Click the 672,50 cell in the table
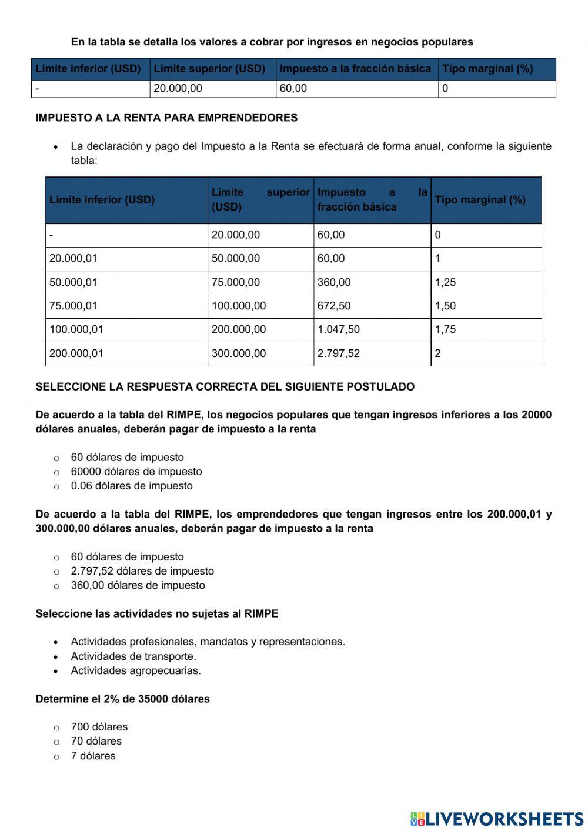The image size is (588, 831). (333, 306)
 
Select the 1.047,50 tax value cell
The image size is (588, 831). (338, 329)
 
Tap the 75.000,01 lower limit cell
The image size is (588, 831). (73, 306)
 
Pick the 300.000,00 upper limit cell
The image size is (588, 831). (239, 353)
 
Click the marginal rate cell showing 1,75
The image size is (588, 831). (445, 329)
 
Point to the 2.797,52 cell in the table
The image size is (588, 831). (338, 353)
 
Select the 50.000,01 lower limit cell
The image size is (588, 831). (73, 282)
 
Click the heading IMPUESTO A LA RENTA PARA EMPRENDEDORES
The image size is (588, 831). (166, 118)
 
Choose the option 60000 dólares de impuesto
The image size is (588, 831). (136, 472)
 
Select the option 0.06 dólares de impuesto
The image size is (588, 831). (131, 486)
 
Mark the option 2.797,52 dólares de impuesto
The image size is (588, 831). (142, 571)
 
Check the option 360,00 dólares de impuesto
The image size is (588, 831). (138, 585)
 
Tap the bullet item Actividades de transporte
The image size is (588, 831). (133, 656)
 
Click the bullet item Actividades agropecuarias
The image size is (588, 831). (136, 670)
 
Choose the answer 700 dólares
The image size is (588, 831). (99, 727)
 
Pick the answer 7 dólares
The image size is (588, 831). (93, 756)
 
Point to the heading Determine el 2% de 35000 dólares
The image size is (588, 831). (122, 699)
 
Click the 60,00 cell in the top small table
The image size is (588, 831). (293, 89)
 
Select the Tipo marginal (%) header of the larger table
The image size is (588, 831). (480, 200)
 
